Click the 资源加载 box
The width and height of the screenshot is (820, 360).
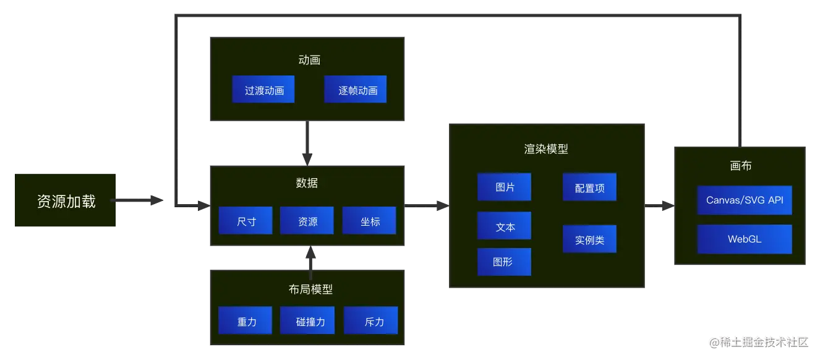pyautogui.click(x=66, y=201)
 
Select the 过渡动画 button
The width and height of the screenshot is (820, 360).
pyautogui.click(x=263, y=90)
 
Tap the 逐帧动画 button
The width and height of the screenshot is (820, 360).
pyautogui.click(x=356, y=90)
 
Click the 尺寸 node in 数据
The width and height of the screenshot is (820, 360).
pyautogui.click(x=246, y=221)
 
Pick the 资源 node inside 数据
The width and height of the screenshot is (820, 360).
pyautogui.click(x=307, y=221)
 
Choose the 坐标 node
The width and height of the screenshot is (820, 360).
pyautogui.click(x=369, y=221)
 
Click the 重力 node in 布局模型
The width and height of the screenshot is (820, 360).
pyautogui.click(x=246, y=321)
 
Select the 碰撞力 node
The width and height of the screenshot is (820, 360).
pyautogui.click(x=307, y=321)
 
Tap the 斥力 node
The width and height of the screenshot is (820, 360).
pyautogui.click(x=371, y=321)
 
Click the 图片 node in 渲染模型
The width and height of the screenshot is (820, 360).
pyautogui.click(x=504, y=187)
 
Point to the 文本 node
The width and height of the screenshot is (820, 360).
pyautogui.click(x=504, y=226)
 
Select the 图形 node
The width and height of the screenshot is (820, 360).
pyautogui.click(x=504, y=262)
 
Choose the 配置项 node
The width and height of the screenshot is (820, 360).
pyautogui.click(x=589, y=187)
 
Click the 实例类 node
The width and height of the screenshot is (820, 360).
pyautogui.click(x=589, y=239)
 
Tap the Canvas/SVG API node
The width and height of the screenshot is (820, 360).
pyautogui.click(x=745, y=200)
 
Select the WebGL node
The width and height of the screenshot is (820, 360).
pyautogui.click(x=745, y=239)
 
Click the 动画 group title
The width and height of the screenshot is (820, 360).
pyautogui.click(x=309, y=60)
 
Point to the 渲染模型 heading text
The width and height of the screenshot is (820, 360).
pyautogui.click(x=546, y=148)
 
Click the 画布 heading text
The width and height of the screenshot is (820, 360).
pyautogui.click(x=740, y=166)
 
